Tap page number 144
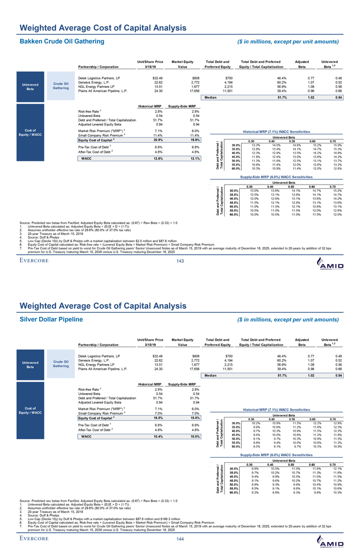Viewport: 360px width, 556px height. click(x=179, y=540)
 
